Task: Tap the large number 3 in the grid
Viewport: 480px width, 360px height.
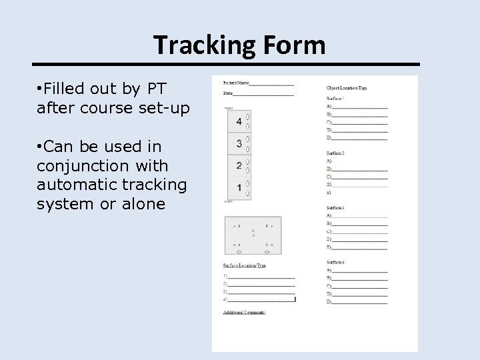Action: (x=239, y=143)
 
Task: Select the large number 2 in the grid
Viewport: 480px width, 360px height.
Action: (x=239, y=165)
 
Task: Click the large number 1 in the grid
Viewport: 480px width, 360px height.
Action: (x=239, y=187)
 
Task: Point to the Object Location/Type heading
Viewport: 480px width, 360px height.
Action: (x=347, y=87)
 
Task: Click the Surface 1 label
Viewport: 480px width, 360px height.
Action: (x=335, y=99)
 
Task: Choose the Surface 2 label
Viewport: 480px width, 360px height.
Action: (x=335, y=153)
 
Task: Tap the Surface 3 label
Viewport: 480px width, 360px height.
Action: (x=335, y=208)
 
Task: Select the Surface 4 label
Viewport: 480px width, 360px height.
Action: (x=335, y=263)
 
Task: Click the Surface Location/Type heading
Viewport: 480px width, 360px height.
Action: (x=245, y=265)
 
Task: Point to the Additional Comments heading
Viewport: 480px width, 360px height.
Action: (x=245, y=311)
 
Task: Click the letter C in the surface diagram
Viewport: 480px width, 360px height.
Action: (x=253, y=231)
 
